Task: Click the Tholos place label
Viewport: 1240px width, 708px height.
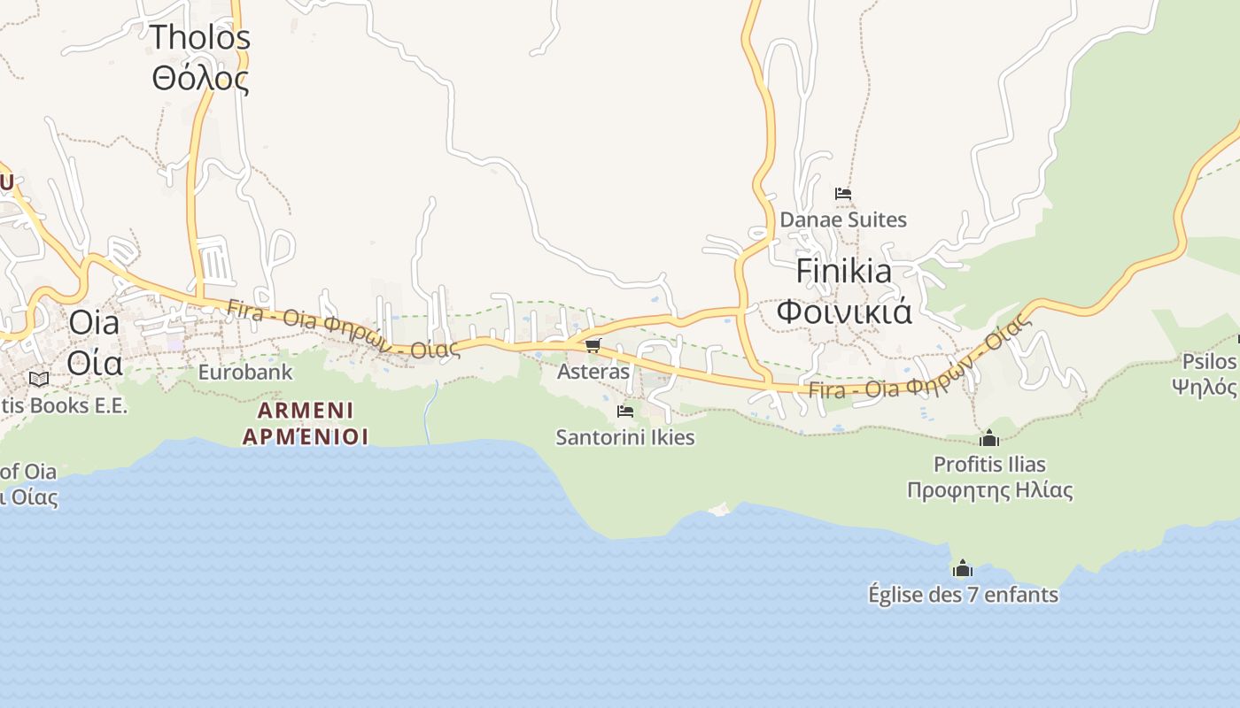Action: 200,38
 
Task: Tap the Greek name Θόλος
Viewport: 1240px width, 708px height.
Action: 200,79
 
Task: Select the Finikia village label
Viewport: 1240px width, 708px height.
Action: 843,271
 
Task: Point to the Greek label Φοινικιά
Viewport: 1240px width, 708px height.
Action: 843,312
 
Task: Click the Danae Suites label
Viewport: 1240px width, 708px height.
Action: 843,219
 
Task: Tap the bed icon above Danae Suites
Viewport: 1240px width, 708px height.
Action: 843,193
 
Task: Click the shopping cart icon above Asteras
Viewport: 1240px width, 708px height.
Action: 593,345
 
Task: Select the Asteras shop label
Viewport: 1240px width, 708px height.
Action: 593,372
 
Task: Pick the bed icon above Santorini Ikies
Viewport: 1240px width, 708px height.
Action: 625,412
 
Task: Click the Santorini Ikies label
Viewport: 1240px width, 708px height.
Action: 625,437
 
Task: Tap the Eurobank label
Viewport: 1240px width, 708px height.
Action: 244,372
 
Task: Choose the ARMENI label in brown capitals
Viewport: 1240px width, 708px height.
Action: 306,411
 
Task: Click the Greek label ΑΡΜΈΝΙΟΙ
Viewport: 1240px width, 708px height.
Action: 306,436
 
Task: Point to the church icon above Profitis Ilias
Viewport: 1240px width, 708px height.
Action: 989,438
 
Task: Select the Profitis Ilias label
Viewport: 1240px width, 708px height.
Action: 989,465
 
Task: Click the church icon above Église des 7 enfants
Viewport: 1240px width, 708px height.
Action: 963,568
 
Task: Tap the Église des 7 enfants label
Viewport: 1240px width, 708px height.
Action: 963,595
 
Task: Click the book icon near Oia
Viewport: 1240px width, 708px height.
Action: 39,379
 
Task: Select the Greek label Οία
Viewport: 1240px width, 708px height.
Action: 94,363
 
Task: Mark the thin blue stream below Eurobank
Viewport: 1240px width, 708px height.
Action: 430,412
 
